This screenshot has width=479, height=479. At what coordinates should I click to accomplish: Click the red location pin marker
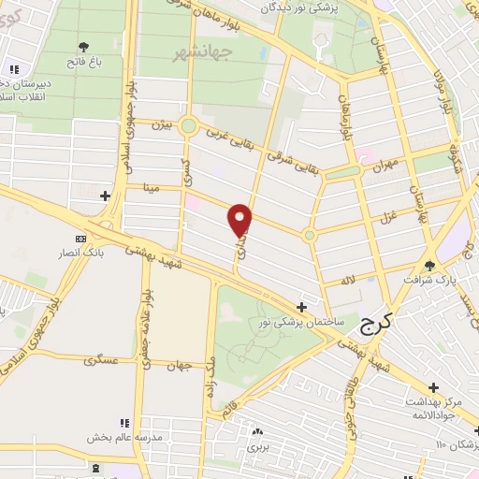tap(240, 220)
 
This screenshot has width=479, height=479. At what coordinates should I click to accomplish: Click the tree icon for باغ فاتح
tap(84, 45)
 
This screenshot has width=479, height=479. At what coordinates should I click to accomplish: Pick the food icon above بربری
tap(254, 432)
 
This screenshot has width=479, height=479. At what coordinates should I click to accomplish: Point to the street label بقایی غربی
tap(227, 141)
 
